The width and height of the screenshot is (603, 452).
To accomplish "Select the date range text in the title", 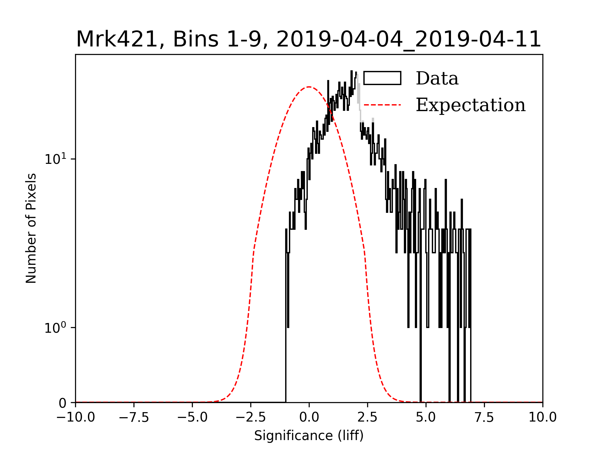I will point(409,40).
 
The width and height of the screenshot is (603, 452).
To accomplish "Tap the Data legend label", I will point(437,78).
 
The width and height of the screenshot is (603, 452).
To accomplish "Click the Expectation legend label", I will point(470,105).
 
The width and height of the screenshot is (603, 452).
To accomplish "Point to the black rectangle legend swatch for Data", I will point(382,78).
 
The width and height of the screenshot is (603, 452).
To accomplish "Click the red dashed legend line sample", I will point(382,105).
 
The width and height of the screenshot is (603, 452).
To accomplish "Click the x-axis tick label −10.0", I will point(75,417).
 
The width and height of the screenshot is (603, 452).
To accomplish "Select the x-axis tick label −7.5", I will point(134,417).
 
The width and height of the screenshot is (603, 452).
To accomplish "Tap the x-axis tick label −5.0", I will point(192,417).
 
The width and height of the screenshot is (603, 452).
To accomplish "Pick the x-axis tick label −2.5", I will point(251,417).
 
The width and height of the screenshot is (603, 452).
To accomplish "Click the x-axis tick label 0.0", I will point(309,417).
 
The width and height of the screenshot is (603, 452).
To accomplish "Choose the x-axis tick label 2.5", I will point(367,417).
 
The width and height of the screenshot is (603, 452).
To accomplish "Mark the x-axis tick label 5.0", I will point(426,417).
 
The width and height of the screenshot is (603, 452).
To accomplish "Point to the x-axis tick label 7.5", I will point(484,417).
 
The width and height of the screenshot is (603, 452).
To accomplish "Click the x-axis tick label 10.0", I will point(543,417).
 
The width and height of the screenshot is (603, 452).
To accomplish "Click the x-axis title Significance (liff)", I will point(309,436).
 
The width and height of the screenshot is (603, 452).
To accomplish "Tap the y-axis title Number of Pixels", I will point(31,228).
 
